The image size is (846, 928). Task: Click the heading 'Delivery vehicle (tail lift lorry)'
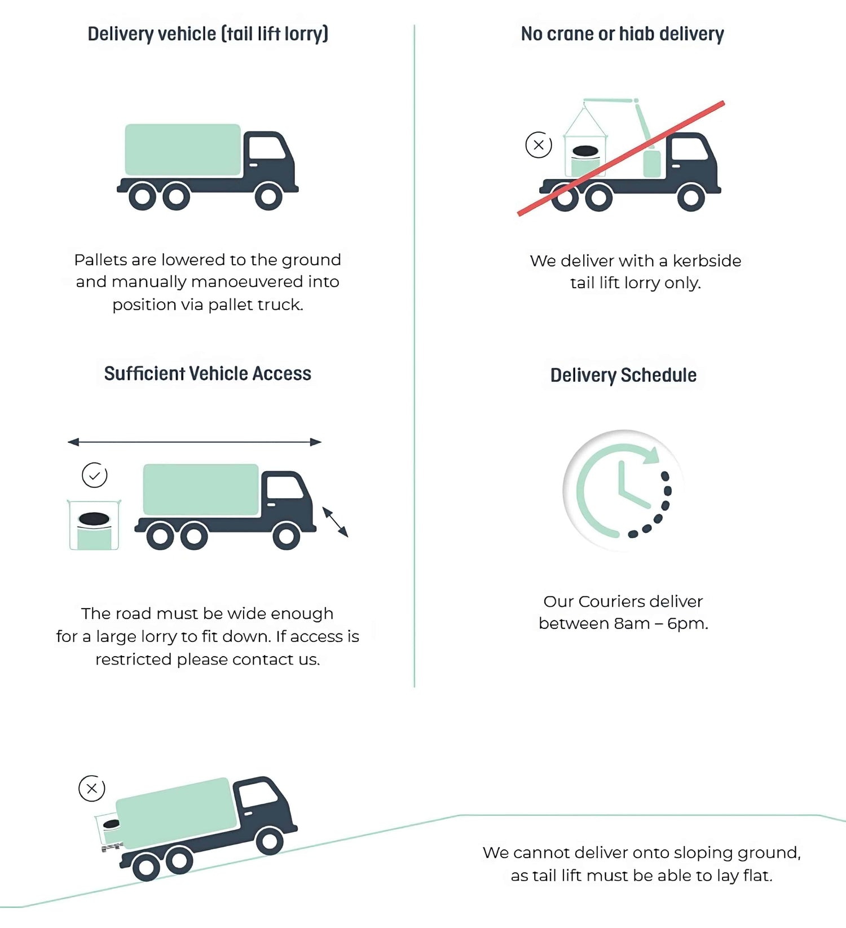click(x=208, y=34)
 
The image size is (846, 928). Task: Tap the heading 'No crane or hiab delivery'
click(x=622, y=34)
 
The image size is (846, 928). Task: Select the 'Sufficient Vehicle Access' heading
click(x=208, y=373)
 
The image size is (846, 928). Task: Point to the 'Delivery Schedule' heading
click(x=623, y=375)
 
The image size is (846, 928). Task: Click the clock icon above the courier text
click(x=623, y=490)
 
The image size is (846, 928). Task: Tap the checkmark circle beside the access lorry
click(x=95, y=475)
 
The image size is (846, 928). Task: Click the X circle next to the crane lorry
click(x=539, y=145)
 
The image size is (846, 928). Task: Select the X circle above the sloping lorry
click(x=92, y=788)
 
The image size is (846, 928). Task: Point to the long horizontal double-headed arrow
click(x=195, y=442)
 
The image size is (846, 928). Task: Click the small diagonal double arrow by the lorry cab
click(x=335, y=522)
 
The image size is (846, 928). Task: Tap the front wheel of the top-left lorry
click(x=268, y=196)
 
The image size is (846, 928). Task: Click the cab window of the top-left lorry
click(x=266, y=148)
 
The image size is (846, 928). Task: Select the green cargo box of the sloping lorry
click(x=177, y=812)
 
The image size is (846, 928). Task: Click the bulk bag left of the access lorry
click(x=94, y=525)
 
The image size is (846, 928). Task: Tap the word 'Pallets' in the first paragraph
click(x=100, y=260)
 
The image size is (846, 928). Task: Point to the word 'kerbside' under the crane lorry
click(x=707, y=261)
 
